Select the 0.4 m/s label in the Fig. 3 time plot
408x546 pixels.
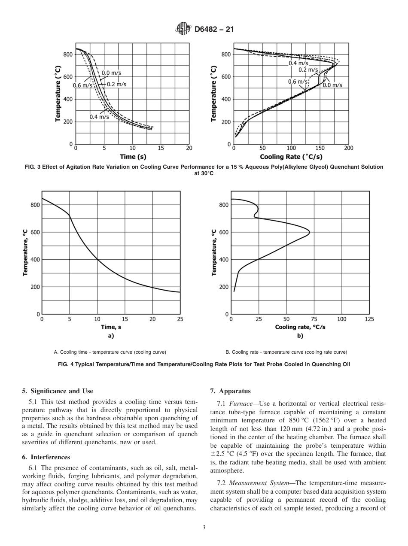[99, 117]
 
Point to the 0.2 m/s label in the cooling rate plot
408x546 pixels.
[308, 70]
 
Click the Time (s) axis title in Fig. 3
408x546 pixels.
[133, 157]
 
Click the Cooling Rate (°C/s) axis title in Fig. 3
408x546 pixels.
[291, 157]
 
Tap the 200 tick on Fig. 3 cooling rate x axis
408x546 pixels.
[348, 148]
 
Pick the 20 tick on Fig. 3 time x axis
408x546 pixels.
[189, 148]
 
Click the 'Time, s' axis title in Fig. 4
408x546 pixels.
[111, 327]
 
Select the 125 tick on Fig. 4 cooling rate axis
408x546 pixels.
[369, 319]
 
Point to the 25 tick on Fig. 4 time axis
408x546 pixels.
[180, 319]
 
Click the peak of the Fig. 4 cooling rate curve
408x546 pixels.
[309, 232]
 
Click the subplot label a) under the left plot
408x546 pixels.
[111, 336]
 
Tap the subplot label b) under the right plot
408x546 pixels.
[300, 336]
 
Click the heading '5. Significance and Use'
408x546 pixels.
[58, 391]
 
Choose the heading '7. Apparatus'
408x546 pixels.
[230, 391]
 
